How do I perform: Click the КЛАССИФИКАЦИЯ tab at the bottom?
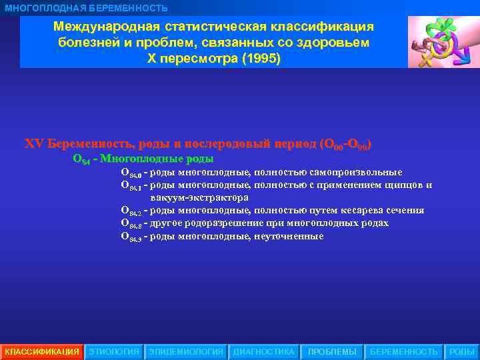click(x=42, y=351)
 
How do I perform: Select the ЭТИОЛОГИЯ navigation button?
click(x=114, y=351)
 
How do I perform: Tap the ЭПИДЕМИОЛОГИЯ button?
click(x=186, y=351)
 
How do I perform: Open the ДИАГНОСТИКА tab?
click(x=263, y=351)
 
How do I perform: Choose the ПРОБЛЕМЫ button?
click(x=332, y=351)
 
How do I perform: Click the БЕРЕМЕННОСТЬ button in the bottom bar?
click(x=404, y=351)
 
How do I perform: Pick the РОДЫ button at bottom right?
click(x=461, y=351)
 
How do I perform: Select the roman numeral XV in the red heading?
click(x=33, y=144)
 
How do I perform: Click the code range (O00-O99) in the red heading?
click(x=346, y=145)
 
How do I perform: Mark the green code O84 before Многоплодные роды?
click(x=81, y=160)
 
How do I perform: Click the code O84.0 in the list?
click(x=131, y=173)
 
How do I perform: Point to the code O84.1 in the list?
click(x=131, y=185)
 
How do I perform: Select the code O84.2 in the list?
click(x=131, y=211)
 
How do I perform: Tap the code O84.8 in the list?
click(x=131, y=224)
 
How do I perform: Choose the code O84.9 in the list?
click(x=131, y=237)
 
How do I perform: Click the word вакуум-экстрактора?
click(x=199, y=198)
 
